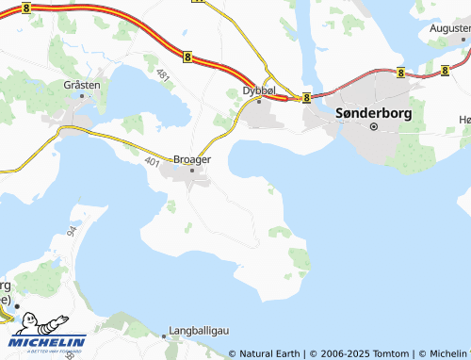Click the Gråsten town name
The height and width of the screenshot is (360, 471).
coord(81,85)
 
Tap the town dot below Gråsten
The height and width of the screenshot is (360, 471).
coord(82,96)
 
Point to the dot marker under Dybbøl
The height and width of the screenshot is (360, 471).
coord(259,101)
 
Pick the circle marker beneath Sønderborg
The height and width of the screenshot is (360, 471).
coord(373,126)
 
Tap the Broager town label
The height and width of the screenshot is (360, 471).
coord(191,159)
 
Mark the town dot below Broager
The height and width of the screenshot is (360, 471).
coord(192,171)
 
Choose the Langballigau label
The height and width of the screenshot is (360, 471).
coord(200,332)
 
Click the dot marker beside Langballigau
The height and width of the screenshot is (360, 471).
coord(163,333)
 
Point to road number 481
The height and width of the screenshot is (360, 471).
coord(164,73)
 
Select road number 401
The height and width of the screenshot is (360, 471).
coord(153,161)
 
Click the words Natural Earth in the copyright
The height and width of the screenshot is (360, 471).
coord(271,353)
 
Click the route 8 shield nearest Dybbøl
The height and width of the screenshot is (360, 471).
coord(307,96)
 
